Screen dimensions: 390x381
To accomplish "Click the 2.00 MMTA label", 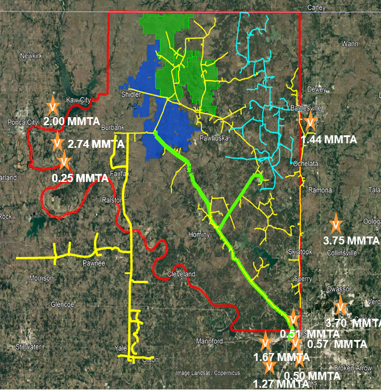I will (x=72, y=122).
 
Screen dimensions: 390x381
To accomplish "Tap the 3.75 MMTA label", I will (x=350, y=240).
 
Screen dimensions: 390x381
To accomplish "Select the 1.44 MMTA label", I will (x=329, y=139).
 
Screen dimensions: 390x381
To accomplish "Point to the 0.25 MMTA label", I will (x=80, y=178).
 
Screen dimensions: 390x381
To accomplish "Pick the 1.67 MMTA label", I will (x=281, y=357).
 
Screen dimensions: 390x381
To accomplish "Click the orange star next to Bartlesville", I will (x=310, y=121).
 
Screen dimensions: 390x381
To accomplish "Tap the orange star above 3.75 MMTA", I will (x=336, y=222).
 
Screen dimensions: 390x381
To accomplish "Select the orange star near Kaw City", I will (x=52, y=106).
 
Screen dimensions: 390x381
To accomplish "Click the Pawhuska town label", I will (x=212, y=138).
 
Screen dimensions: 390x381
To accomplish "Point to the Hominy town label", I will (x=200, y=234).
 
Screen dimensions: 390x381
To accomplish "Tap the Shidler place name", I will (x=130, y=94).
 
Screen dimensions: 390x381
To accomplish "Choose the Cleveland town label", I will (x=181, y=274).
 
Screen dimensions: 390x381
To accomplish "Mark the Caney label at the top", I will (x=316, y=7).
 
